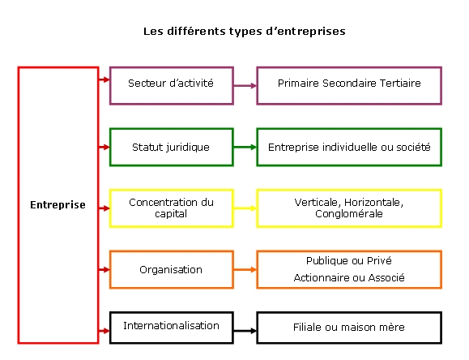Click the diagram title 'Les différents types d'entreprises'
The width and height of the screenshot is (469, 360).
point(245,32)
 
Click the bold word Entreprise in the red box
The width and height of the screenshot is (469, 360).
point(58,205)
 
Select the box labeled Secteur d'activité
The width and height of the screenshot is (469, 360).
point(172,86)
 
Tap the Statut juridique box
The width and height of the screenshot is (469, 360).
point(172,147)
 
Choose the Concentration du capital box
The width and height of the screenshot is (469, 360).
point(172,208)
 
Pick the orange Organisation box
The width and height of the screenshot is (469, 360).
point(172,269)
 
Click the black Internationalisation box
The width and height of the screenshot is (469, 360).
point(172,328)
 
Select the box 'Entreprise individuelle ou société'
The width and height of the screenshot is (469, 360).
point(349,147)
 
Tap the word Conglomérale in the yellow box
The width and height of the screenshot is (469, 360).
point(349,214)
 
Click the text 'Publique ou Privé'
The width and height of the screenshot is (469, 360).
point(349,261)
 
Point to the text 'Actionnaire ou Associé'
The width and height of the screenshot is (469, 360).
point(349,277)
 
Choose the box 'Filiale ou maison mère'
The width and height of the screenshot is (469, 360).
point(349,328)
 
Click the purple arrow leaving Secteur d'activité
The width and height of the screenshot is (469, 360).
point(245,86)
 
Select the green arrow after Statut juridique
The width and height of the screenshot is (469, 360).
point(245,147)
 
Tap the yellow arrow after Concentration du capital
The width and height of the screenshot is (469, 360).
point(245,208)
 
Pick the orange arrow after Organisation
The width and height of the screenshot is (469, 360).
point(245,269)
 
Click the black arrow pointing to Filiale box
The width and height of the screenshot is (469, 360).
point(245,331)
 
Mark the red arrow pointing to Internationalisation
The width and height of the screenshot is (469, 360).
point(104,331)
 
